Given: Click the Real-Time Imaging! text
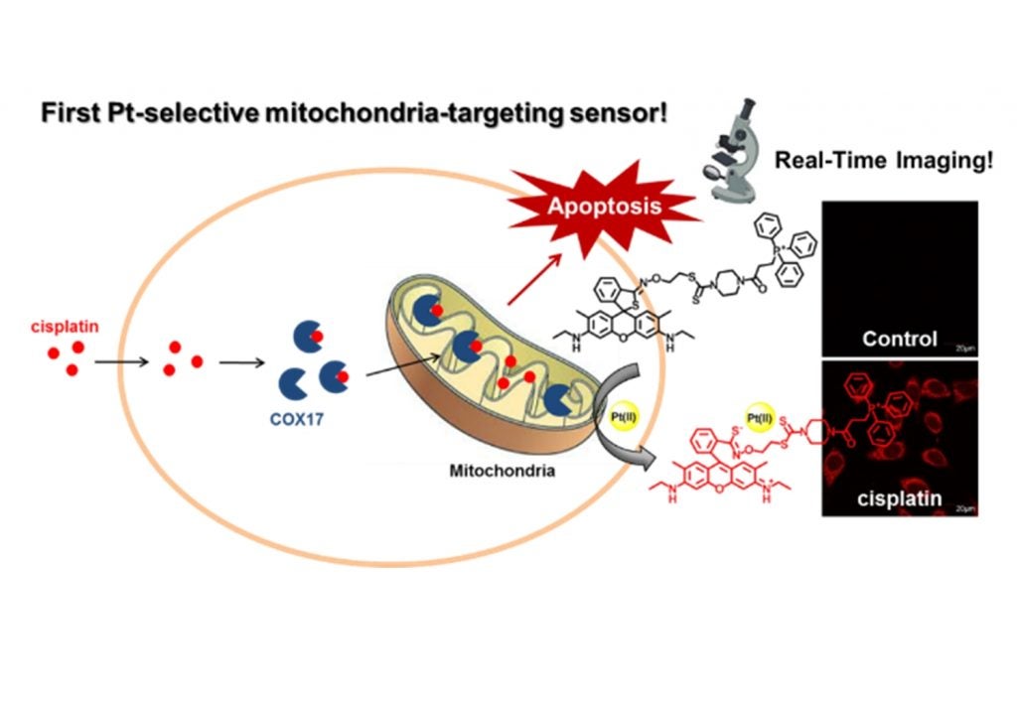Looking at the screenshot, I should [x=883, y=161].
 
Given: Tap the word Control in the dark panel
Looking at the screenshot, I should [x=899, y=339].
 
